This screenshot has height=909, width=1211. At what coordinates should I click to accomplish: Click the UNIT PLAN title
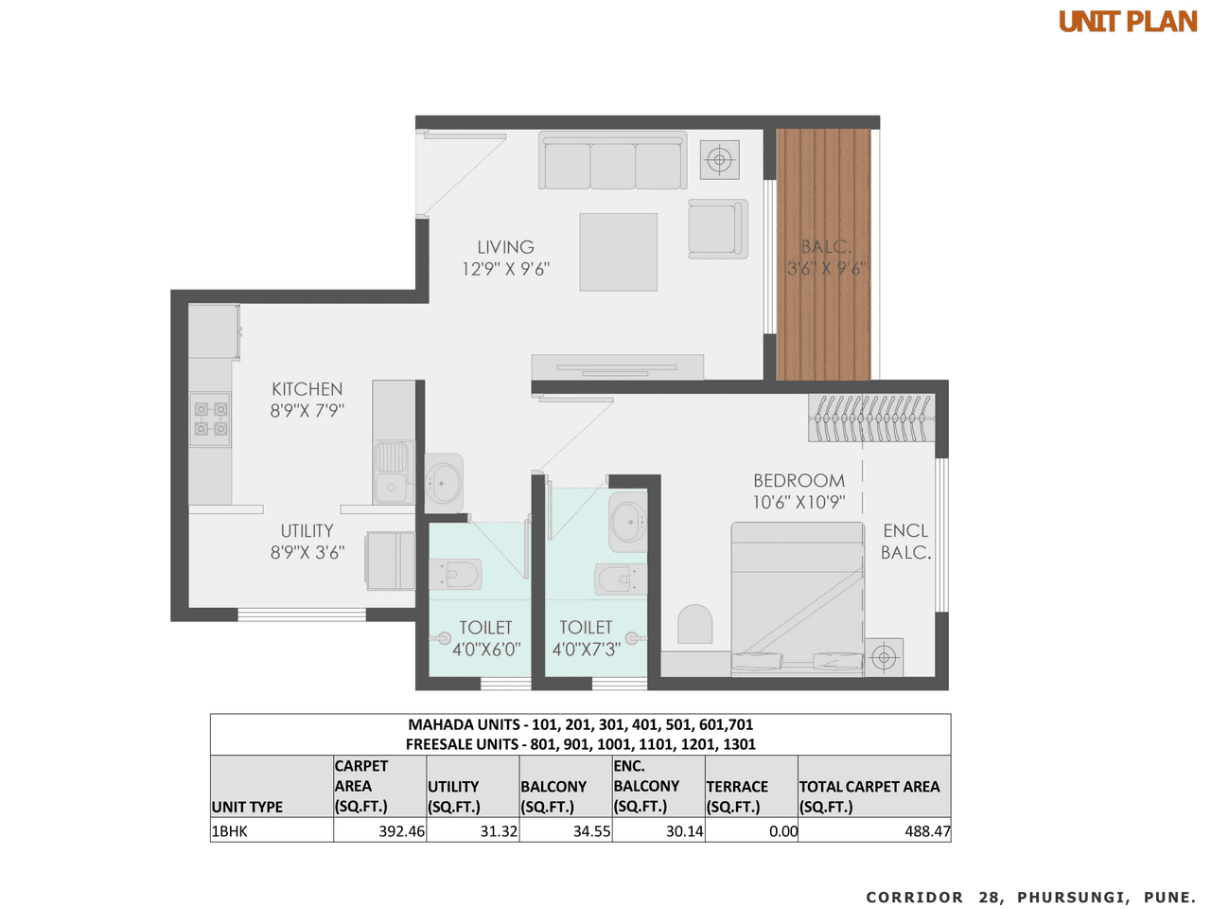pyautogui.click(x=1127, y=22)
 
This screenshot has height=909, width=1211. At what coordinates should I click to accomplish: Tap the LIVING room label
pyautogui.click(x=505, y=247)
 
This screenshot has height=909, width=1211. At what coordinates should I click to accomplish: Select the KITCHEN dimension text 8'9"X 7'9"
pyautogui.click(x=307, y=411)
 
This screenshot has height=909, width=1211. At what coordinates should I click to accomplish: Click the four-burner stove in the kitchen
pyautogui.click(x=210, y=419)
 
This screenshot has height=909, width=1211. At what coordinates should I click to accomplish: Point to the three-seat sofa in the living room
pyautogui.click(x=612, y=162)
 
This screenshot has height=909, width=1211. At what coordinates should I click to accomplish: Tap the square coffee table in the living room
pyautogui.click(x=618, y=252)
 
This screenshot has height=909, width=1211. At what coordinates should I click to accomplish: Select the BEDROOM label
pyautogui.click(x=799, y=481)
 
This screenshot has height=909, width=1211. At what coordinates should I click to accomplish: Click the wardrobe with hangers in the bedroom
pyautogui.click(x=871, y=418)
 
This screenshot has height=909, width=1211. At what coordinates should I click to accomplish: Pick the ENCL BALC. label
pyautogui.click(x=905, y=542)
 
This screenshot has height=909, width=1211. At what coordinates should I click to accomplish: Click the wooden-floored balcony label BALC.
pyautogui.click(x=826, y=247)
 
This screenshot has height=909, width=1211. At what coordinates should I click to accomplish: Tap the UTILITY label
pyautogui.click(x=307, y=531)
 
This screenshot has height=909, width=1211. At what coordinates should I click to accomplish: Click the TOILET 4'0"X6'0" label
pyautogui.click(x=485, y=638)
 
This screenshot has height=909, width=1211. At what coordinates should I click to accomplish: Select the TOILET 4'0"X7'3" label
pyautogui.click(x=586, y=638)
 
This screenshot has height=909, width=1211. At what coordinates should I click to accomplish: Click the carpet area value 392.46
pyautogui.click(x=402, y=831)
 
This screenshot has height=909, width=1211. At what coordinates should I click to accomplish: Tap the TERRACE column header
pyautogui.click(x=737, y=787)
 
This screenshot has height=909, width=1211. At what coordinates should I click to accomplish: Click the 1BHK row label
pyautogui.click(x=230, y=831)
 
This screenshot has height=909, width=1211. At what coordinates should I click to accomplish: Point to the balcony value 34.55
pyautogui.click(x=591, y=831)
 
